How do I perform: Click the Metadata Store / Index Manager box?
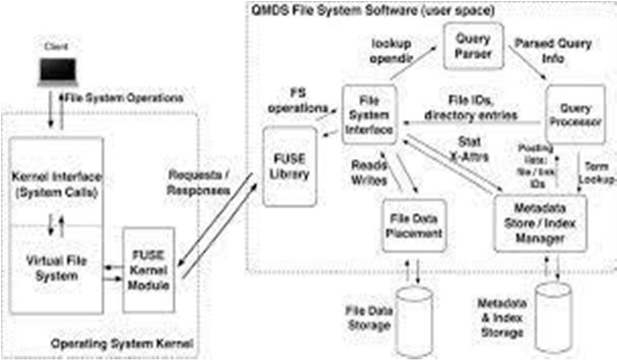(x=540, y=222)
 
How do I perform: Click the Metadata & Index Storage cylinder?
(x=553, y=316)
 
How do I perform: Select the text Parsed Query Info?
(x=553, y=52)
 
